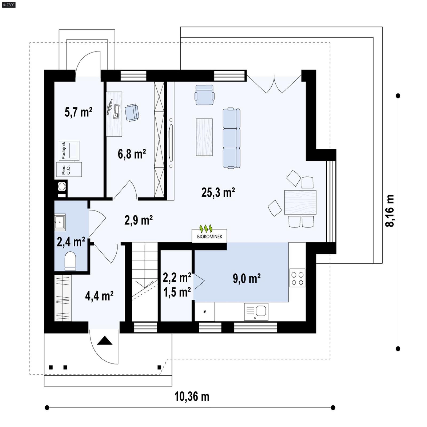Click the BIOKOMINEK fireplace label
point(209,236)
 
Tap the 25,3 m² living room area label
point(218,192)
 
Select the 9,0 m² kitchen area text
point(247,279)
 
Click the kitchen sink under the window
point(256,311)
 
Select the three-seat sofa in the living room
point(231,138)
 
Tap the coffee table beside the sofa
point(204,137)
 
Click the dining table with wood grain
point(300,202)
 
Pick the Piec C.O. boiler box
point(69,169)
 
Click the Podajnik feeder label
point(64,151)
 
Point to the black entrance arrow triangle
point(104,341)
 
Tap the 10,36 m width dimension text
point(192,397)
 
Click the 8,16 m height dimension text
point(390,211)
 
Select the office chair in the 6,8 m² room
point(132,112)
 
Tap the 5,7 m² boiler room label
point(78,112)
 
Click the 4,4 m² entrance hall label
point(99,296)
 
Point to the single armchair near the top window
point(204,95)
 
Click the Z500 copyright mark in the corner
point(9,5)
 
